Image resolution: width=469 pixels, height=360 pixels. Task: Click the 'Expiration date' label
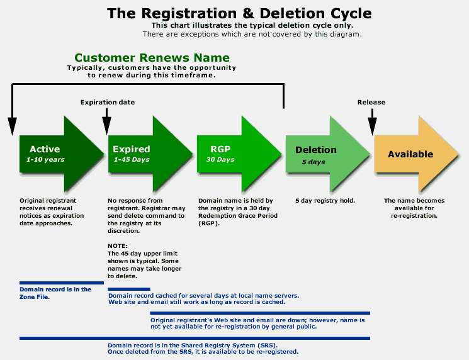point(108,102)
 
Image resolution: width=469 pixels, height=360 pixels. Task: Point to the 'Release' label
point(371,102)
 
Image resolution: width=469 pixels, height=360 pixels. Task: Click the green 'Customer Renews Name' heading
point(152,57)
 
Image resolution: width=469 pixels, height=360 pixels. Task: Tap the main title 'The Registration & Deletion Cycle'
point(239,13)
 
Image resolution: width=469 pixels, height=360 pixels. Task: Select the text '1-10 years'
point(45,160)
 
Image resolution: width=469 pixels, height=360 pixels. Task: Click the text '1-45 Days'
point(132,160)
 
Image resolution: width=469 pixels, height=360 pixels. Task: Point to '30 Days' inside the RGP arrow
point(220,160)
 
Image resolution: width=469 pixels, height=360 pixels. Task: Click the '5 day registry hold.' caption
point(325,201)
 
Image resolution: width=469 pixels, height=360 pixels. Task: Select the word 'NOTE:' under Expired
point(118,246)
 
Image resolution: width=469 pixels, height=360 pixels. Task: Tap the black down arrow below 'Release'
point(372,122)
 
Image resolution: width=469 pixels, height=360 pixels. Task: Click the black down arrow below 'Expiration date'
point(106,122)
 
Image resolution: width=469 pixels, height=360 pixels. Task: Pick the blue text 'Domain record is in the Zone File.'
point(55,293)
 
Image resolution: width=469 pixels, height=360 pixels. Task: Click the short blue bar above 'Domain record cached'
point(129,289)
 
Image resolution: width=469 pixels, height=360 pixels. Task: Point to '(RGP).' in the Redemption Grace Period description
point(209,223)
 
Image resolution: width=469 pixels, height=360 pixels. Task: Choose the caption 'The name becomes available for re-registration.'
point(414,208)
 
